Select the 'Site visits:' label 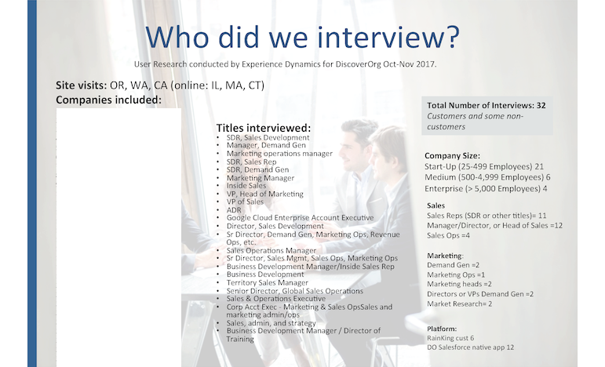pyautogui.click(x=82, y=85)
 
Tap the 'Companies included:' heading pyautogui.click(x=109, y=100)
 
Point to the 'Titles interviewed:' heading pyautogui.click(x=264, y=128)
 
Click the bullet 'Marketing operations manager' pyautogui.click(x=279, y=154)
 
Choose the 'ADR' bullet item pyautogui.click(x=234, y=210)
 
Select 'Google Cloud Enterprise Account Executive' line pyautogui.click(x=301, y=218)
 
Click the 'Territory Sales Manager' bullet pyautogui.click(x=268, y=282)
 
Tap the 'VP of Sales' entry pyautogui.click(x=245, y=202)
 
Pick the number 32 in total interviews pyautogui.click(x=541, y=106)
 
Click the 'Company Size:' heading pyautogui.click(x=452, y=156)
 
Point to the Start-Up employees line pyautogui.click(x=484, y=166)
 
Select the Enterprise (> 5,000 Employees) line pyautogui.click(x=487, y=188)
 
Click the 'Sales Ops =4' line pyautogui.click(x=448, y=235)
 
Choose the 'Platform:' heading pyautogui.click(x=442, y=329)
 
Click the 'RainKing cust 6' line pyautogui.click(x=450, y=338)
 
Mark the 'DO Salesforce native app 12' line pyautogui.click(x=470, y=347)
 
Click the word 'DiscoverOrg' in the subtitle pyautogui.click(x=358, y=64)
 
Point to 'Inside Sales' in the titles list pyautogui.click(x=246, y=185)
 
